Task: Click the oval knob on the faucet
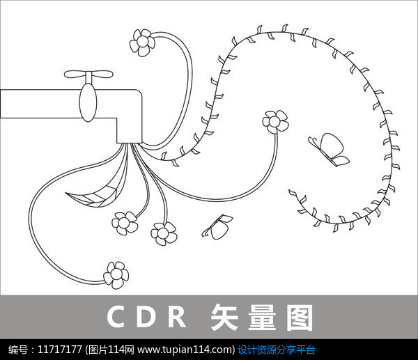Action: (x=88, y=102)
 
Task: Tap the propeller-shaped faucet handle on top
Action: (x=88, y=75)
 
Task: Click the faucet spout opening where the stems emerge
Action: (x=129, y=142)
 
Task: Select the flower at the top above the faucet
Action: (x=142, y=42)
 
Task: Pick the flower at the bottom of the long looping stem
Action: (x=116, y=275)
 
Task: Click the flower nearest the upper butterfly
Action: (x=275, y=122)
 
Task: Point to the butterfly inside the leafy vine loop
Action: (x=328, y=150)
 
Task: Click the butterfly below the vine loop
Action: (x=217, y=227)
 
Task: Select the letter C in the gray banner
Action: (x=116, y=316)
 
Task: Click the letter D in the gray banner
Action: (x=146, y=317)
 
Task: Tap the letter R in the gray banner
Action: (x=177, y=317)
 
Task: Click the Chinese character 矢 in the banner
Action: (x=224, y=317)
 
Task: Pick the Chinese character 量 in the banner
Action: (x=262, y=317)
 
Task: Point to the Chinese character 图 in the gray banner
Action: (x=300, y=317)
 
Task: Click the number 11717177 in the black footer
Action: (x=60, y=349)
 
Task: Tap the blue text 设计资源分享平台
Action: (x=277, y=350)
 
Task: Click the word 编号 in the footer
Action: (x=17, y=350)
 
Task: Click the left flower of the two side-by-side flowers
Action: (x=125, y=223)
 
